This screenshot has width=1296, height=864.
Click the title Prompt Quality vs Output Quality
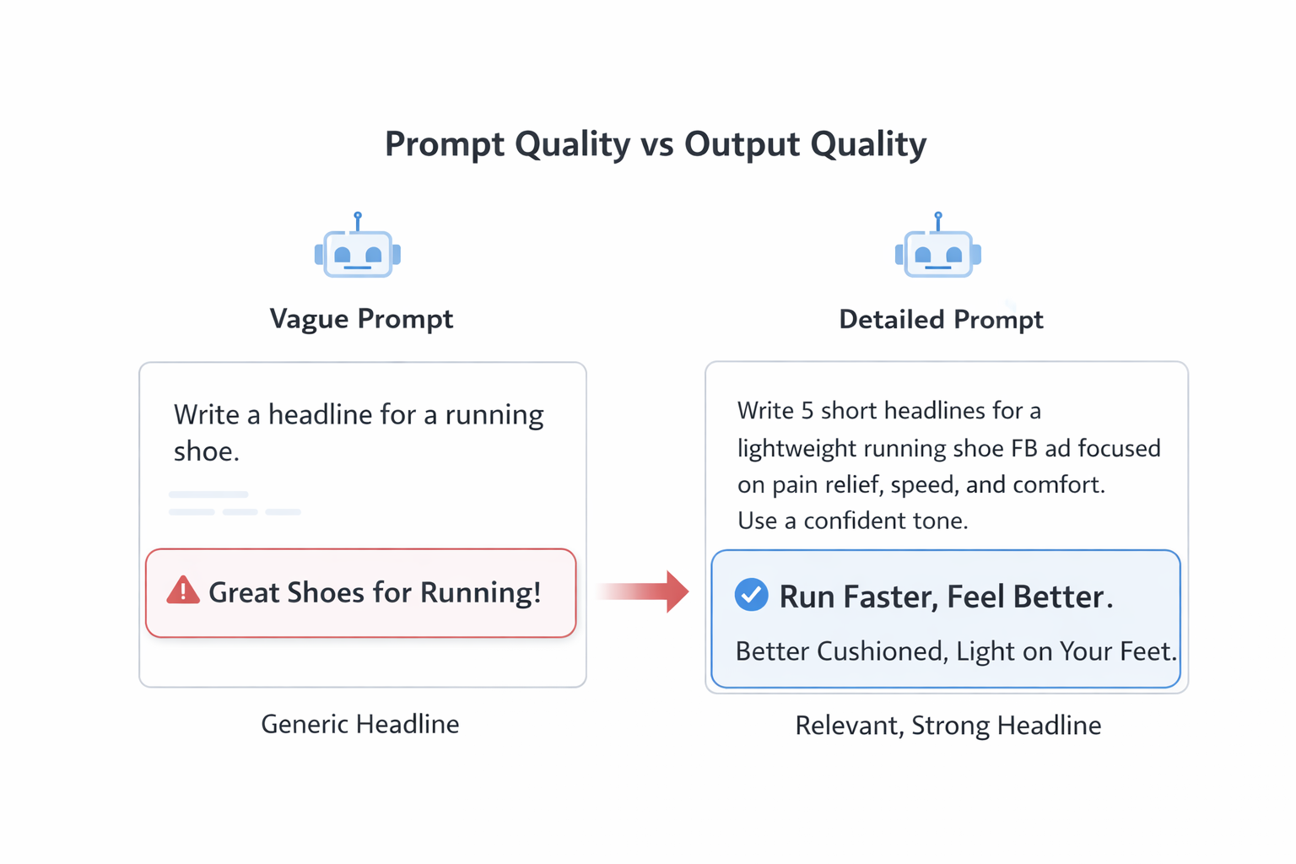pyautogui.click(x=655, y=144)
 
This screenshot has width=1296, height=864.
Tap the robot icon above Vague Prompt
pyautogui.click(x=358, y=251)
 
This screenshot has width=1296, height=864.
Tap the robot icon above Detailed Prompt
pyautogui.click(x=937, y=251)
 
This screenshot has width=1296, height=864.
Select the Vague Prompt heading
pyautogui.click(x=361, y=319)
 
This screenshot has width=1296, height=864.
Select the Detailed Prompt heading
pyautogui.click(x=941, y=320)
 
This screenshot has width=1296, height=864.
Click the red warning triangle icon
pyautogui.click(x=183, y=591)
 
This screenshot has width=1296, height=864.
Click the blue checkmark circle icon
pyautogui.click(x=751, y=595)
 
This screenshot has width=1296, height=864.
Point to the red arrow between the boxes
pyautogui.click(x=645, y=591)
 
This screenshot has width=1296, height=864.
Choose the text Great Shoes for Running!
pyautogui.click(x=375, y=592)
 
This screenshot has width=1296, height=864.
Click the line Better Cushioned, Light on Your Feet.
pyautogui.click(x=956, y=651)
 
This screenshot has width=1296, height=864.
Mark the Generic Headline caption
pyautogui.click(x=360, y=724)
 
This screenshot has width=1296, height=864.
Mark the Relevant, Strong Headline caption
pyautogui.click(x=948, y=726)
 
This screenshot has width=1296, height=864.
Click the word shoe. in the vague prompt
pyautogui.click(x=207, y=452)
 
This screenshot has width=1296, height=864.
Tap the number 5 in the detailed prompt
pyautogui.click(x=807, y=411)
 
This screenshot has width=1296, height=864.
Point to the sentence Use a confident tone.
pyautogui.click(x=852, y=521)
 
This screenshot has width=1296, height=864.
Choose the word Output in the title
pyautogui.click(x=742, y=144)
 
